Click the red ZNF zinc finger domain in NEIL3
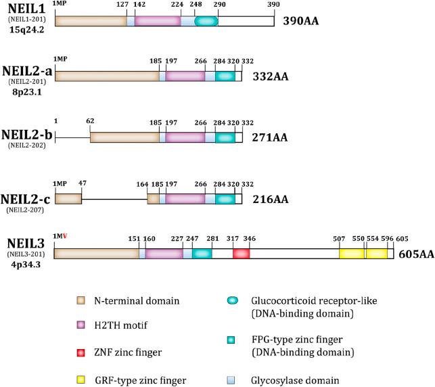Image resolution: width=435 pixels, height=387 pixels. [x=242, y=253]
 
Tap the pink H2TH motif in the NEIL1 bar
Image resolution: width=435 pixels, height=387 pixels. [x=158, y=21]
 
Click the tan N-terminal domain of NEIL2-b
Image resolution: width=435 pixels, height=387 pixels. [x=124, y=137]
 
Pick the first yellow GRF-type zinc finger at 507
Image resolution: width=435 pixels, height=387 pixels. [x=352, y=253]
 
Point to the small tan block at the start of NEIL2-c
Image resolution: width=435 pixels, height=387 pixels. [x=68, y=199]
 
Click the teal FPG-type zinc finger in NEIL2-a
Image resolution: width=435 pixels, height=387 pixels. [x=225, y=76]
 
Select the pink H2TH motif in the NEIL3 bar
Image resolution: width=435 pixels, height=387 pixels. [x=164, y=253]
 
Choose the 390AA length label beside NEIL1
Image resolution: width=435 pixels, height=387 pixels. [x=301, y=21]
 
